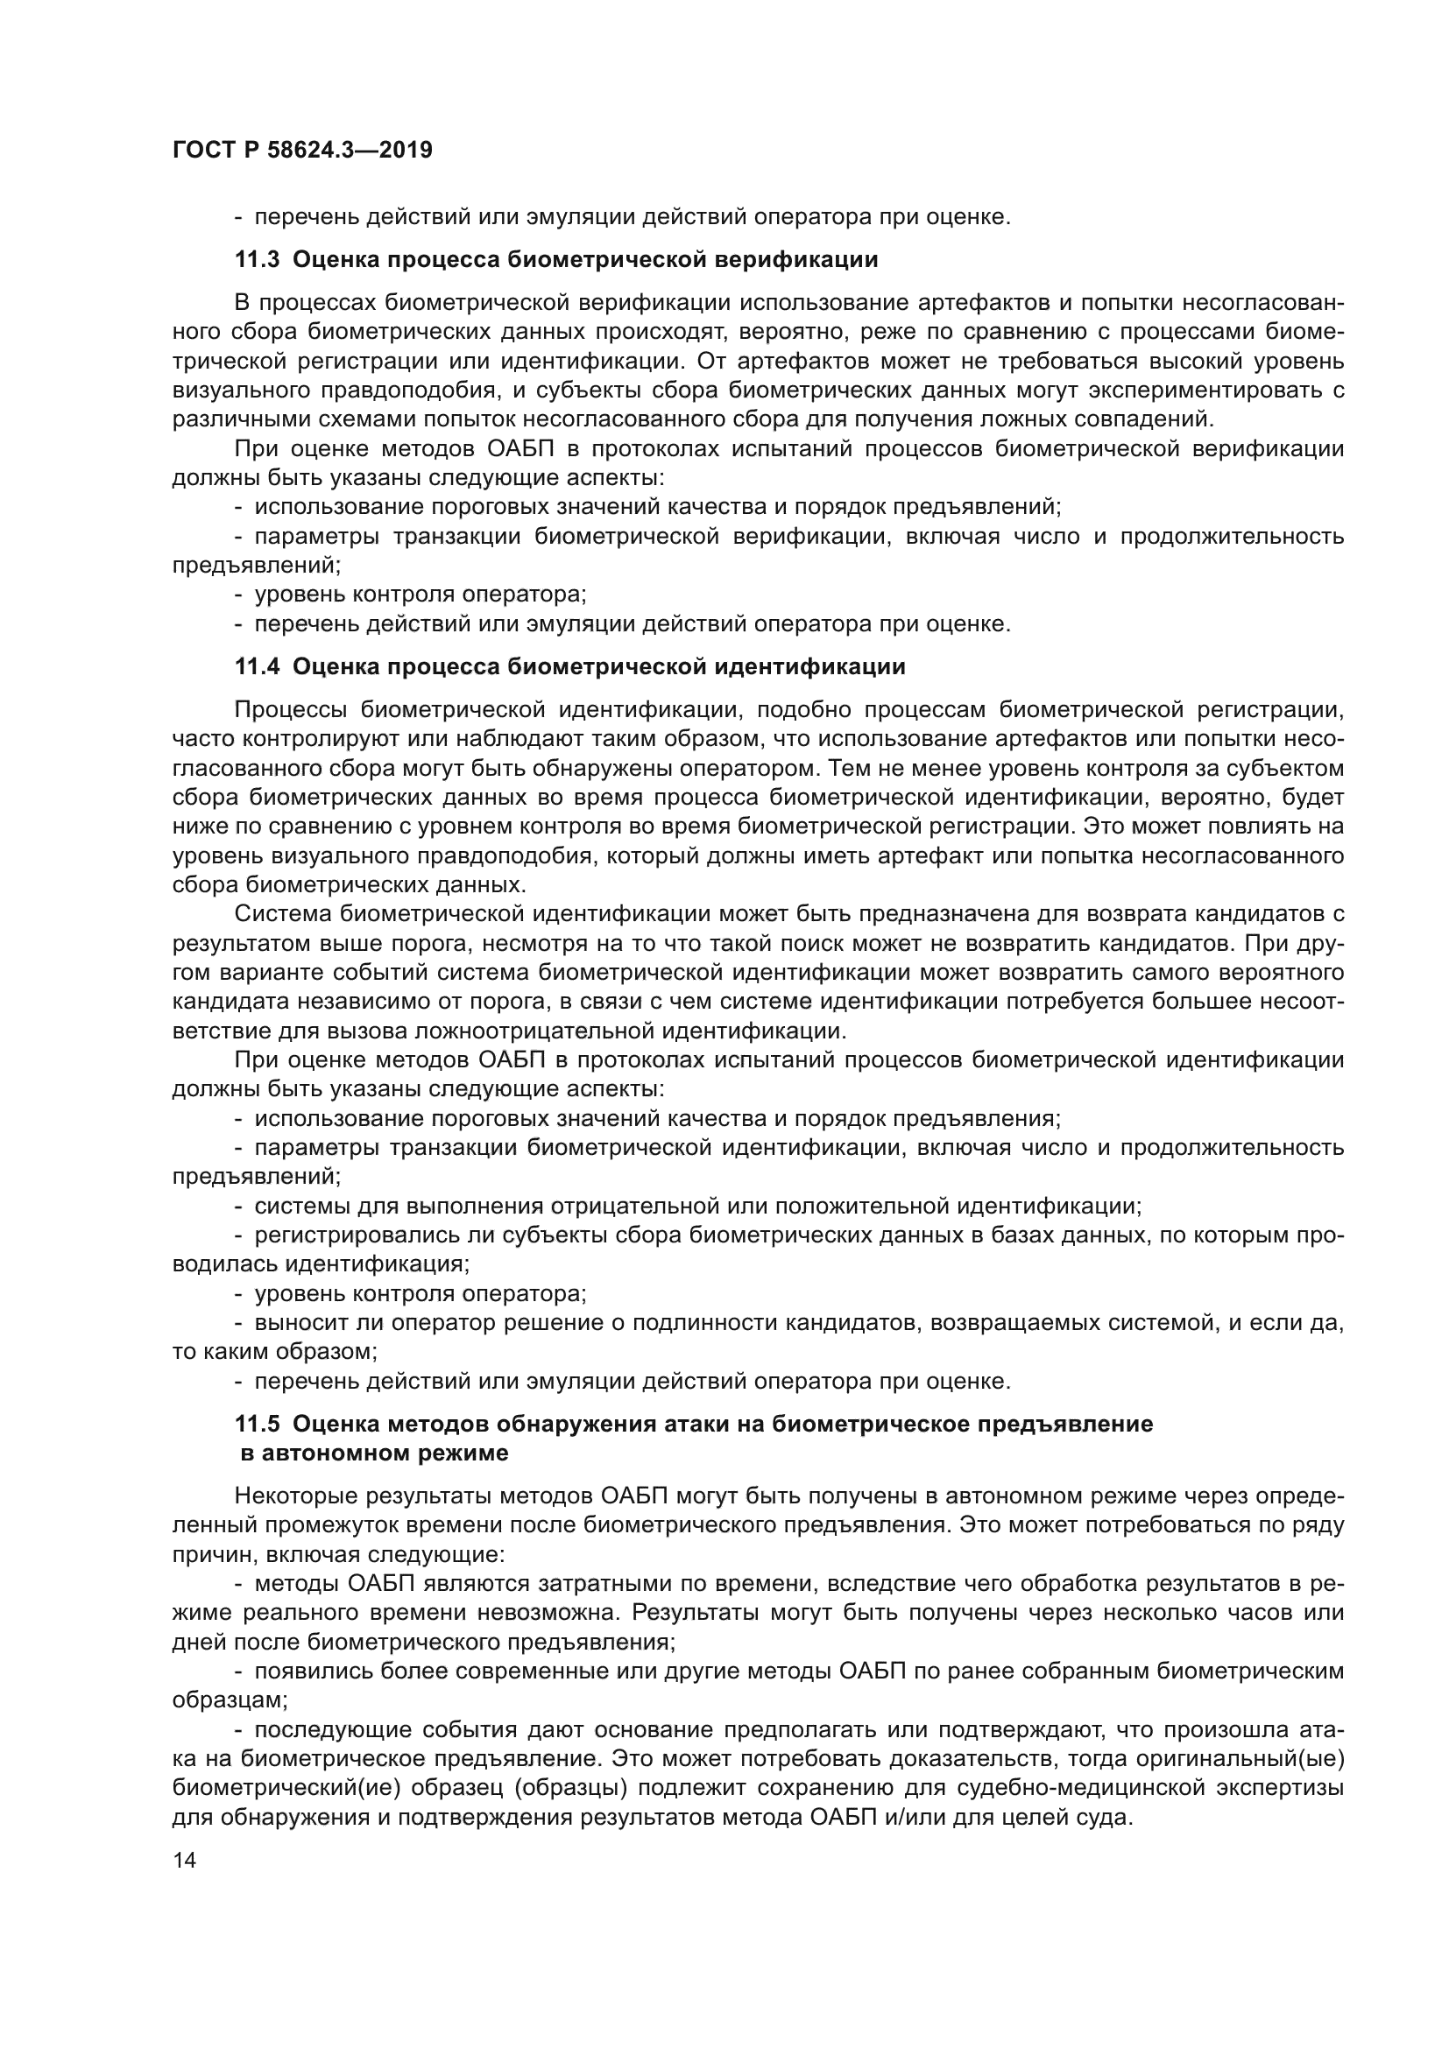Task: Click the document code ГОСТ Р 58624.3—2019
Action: point(301,150)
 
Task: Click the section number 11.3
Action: point(257,259)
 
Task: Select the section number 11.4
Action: point(257,666)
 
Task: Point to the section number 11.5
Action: point(257,1424)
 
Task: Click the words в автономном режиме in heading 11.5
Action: point(375,1453)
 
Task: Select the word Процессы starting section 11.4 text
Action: point(289,710)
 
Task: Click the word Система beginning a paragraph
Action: point(284,913)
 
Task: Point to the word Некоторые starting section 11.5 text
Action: point(296,1496)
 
